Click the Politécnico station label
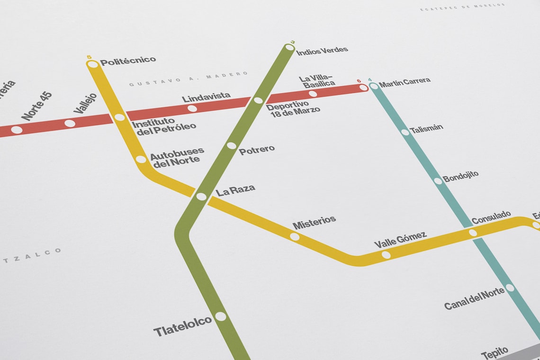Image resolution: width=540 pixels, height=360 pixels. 128,61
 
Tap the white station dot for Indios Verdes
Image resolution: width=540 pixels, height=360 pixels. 289,47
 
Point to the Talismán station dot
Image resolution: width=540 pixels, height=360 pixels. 405,132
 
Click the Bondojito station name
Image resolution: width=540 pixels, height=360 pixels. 460,177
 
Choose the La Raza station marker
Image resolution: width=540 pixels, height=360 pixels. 201,197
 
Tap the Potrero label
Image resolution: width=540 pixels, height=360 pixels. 257,150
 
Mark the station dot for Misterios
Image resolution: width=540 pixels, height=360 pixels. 295,236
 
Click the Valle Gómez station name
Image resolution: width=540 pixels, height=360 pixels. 400,240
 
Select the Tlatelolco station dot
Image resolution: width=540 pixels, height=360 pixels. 221,316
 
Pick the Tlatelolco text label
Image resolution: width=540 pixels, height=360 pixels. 182,326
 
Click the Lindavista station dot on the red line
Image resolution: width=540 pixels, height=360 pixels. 192,108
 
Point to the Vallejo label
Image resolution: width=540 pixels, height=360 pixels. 85,103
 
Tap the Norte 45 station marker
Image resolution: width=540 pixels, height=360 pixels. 17,130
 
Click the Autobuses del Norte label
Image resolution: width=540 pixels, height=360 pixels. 177,157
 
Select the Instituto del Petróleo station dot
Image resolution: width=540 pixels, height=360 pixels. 120,117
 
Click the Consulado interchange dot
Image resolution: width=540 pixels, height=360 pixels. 473,233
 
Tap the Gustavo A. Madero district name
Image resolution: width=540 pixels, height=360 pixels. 189,79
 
